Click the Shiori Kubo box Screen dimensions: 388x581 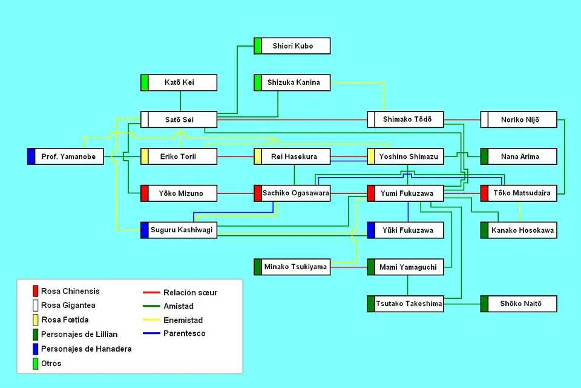pos(292,46)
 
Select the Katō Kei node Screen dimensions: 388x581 pos(179,82)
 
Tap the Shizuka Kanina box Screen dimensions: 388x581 pos(292,82)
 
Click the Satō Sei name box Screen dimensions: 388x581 pos(179,119)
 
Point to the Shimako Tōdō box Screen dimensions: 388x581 pos(405,119)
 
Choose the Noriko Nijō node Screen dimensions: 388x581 pos(519,119)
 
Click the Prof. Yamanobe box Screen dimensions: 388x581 pos(65,156)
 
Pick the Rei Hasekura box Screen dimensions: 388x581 pos(292,156)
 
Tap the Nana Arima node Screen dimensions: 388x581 pos(519,156)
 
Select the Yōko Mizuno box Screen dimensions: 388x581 pos(179,193)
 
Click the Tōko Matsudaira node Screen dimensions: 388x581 pos(519,193)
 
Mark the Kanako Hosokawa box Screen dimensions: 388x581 pos(519,230)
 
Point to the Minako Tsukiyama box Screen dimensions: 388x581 pos(292,267)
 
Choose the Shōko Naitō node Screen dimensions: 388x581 pos(519,304)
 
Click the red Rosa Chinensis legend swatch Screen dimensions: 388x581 pos(36,291)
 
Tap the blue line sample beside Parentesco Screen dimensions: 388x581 pos(151,333)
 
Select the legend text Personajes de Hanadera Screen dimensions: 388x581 pos(86,349)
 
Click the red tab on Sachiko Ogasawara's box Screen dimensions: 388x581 pos(258,193)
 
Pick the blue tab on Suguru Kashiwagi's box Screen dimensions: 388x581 pos(145,230)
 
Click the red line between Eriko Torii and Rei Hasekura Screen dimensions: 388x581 pos(235,156)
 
